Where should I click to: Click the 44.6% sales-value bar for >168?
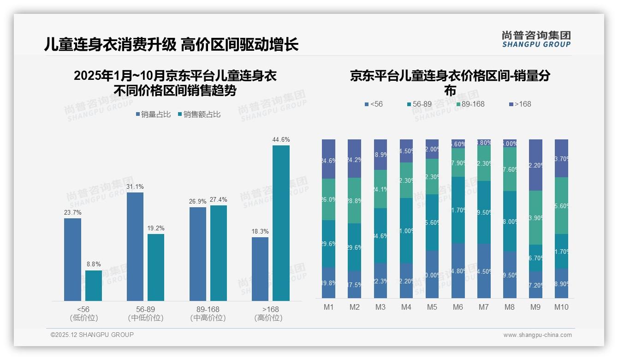(x=281, y=223)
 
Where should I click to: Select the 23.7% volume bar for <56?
(x=72, y=259)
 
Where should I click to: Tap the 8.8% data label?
(x=94, y=264)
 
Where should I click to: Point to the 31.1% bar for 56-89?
(x=135, y=246)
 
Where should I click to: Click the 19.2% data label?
(x=156, y=228)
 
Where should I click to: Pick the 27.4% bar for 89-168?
(x=219, y=253)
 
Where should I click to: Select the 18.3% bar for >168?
(x=260, y=269)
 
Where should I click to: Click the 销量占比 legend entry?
(x=152, y=114)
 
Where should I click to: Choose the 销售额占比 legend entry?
(x=199, y=114)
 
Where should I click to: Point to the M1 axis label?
(x=328, y=307)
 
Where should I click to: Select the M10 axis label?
(x=562, y=307)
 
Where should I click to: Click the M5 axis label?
(x=432, y=307)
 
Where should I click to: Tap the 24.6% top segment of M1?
(x=328, y=159)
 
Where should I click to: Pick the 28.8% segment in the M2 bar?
(x=354, y=201)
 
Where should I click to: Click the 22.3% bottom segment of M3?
(x=380, y=281)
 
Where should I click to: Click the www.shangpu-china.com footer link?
(x=537, y=335)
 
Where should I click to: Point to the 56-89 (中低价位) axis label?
(x=145, y=313)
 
